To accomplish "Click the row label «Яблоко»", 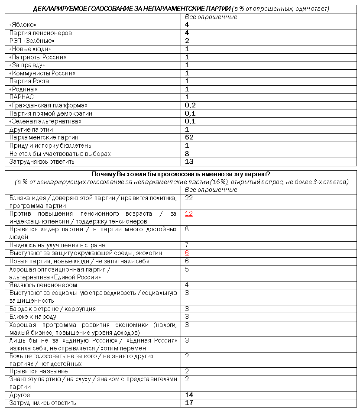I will click(23, 25).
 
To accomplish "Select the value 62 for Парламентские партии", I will click(189, 137).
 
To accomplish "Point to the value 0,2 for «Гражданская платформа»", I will click(190, 105).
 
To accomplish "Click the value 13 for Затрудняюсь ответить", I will click(189, 162).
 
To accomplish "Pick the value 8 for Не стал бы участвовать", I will click(187, 154).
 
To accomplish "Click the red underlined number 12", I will click(188, 214).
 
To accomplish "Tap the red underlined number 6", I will click(187, 253).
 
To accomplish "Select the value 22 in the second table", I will click(188, 197).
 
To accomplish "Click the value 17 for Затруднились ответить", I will click(189, 403).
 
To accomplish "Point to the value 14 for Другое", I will click(189, 395).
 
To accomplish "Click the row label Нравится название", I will click(39, 371).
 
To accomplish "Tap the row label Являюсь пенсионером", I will click(43, 285).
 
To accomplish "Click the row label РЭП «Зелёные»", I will click(32, 41).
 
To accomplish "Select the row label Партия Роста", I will click(29, 81).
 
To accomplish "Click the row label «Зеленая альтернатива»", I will click(45, 121).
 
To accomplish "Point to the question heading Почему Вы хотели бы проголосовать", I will click(181, 174).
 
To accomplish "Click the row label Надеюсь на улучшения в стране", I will click(57, 245).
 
